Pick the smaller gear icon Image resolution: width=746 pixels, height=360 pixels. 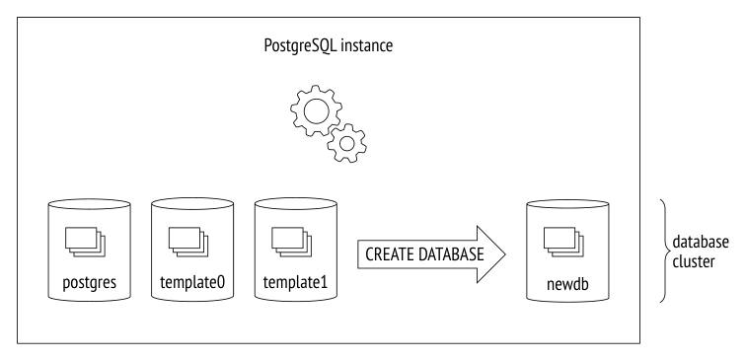click(346, 143)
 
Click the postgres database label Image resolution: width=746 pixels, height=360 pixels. click(90, 282)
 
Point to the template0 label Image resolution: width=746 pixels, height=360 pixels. click(192, 282)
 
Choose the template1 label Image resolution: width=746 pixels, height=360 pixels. click(295, 282)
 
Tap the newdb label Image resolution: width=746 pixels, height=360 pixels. click(567, 284)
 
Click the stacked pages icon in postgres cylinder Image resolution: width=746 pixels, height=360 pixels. click(85, 242)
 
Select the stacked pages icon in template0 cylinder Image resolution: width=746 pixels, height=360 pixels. click(188, 242)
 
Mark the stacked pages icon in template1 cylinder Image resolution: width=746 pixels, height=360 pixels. click(292, 242)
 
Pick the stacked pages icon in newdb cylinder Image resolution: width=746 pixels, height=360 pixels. click(563, 242)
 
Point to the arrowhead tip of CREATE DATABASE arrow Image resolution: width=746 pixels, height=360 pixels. click(505, 254)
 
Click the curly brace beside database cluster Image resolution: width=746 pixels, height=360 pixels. click(666, 251)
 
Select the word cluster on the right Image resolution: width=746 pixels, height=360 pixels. click(693, 261)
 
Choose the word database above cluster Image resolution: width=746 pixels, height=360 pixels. click(701, 242)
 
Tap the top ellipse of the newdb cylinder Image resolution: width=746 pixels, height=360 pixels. click(567, 204)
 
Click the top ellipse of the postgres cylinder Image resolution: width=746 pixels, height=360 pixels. click(90, 204)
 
